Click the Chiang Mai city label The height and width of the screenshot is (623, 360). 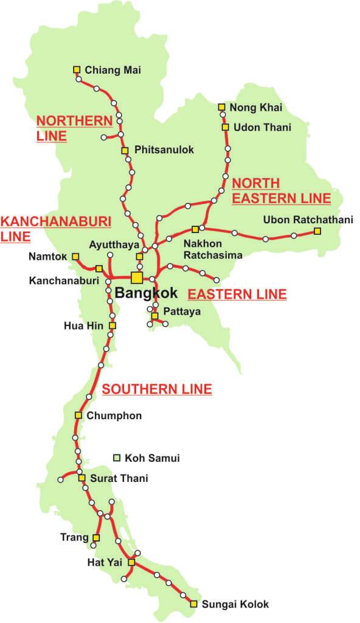coord(112,70)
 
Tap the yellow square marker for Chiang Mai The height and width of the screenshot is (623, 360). coord(77,69)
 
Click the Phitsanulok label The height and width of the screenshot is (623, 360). coord(164,150)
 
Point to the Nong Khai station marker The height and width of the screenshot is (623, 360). coord(221,107)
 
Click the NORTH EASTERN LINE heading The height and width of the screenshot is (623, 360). coord(281,190)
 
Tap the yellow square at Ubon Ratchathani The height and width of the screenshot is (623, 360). coord(317,231)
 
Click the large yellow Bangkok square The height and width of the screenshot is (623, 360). coord(137,277)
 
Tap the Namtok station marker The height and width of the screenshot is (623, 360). coord(75,257)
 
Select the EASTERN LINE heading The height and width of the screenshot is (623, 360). coord(237,294)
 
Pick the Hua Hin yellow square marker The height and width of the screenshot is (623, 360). coord(112,325)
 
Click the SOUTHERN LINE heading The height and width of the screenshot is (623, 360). coord(156,389)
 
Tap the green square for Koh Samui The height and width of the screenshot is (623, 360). coord(117,458)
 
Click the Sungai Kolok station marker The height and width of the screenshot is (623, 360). coord(193,604)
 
